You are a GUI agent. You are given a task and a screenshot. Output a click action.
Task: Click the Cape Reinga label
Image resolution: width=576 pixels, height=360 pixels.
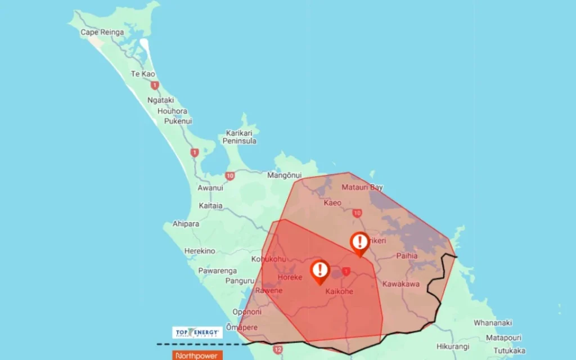pos(102,32)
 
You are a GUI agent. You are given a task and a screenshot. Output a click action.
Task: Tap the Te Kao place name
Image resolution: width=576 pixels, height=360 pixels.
pos(143,74)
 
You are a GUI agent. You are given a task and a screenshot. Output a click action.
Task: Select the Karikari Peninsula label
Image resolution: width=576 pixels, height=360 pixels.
pos(240,137)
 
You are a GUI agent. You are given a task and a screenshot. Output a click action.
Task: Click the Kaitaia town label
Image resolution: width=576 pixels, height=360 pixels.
pos(210,206)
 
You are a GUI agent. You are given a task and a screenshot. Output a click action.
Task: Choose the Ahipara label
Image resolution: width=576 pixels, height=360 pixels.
pos(186,223)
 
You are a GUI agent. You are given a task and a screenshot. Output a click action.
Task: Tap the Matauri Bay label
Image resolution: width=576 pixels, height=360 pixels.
pos(363,187)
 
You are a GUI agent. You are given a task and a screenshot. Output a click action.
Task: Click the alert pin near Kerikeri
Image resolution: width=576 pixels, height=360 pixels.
pos(359,243)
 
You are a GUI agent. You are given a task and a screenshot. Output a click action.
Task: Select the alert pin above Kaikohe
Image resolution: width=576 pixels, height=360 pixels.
pos(319,271)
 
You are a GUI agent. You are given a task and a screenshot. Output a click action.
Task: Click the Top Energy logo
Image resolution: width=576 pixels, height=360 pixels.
pos(197,332)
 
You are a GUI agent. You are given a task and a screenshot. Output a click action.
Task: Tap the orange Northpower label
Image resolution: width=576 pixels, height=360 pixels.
pos(197,355)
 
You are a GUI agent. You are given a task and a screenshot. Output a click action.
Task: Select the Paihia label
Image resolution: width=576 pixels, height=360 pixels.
pos(407,255)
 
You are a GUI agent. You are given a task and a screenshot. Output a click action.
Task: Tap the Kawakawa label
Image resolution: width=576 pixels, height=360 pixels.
pos(400,284)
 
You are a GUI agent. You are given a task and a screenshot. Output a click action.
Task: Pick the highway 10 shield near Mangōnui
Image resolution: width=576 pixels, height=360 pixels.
pos(230,176)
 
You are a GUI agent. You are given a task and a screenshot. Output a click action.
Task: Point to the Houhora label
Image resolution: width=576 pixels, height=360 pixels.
pos(172,111)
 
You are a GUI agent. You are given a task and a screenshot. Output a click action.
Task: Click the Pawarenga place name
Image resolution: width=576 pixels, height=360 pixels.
pos(218,271)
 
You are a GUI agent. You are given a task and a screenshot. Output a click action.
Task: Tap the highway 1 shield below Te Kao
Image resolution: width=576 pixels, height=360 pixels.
pos(155,85)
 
